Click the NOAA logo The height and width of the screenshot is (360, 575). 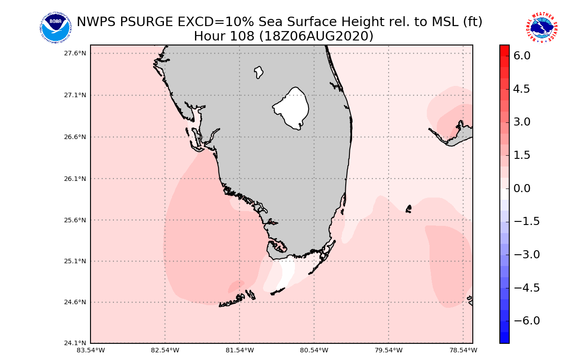(55, 28)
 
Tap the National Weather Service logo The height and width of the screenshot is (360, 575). (542, 28)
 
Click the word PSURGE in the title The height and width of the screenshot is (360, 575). (154, 22)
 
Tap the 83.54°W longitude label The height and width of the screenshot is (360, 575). (91, 350)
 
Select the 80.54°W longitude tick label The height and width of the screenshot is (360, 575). (314, 350)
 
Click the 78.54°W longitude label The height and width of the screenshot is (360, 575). (463, 350)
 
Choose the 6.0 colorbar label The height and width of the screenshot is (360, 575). (522, 56)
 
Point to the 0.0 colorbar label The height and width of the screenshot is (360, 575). (522, 188)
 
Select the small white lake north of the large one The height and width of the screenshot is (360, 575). (258, 72)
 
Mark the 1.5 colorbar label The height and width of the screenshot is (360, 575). (522, 155)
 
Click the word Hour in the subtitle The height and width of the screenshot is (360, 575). (209, 36)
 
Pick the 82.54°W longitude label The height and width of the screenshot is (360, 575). (165, 350)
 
